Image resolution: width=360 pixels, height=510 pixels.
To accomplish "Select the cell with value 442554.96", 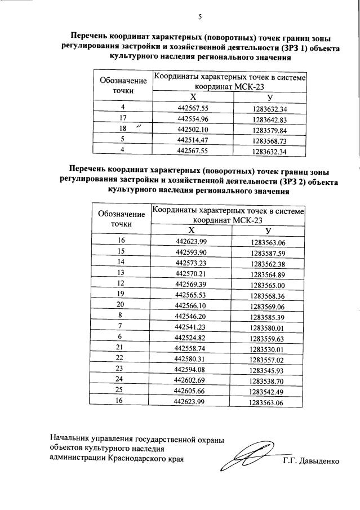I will [193, 119].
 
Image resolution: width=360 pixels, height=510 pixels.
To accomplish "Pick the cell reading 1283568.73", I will [270, 140].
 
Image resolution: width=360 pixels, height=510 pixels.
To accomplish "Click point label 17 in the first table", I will [123, 119].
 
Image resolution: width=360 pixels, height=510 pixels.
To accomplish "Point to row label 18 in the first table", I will [123, 130].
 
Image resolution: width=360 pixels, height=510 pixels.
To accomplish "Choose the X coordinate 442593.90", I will [191, 252].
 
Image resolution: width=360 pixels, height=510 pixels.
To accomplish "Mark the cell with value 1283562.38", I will [268, 263].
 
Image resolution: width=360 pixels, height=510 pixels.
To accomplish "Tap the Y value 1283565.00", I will [268, 285].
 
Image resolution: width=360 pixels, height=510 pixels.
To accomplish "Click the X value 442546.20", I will [191, 317].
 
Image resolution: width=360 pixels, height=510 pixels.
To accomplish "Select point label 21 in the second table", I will [121, 349].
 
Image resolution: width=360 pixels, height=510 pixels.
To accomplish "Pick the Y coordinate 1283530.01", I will [268, 349].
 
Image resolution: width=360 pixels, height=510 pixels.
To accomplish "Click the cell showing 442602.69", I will [191, 381].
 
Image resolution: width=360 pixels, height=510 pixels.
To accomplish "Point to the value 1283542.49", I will [268, 392].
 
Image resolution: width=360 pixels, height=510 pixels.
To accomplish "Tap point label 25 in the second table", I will [121, 391].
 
